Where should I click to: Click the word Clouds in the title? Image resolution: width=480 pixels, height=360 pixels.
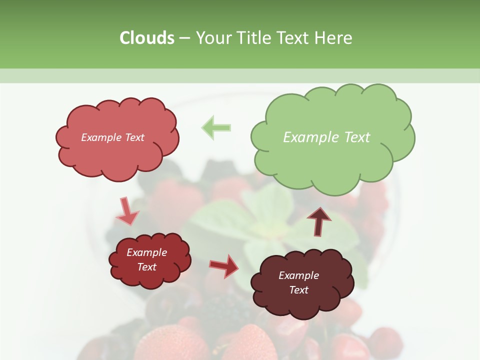147,37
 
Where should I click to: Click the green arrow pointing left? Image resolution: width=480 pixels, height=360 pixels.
216,127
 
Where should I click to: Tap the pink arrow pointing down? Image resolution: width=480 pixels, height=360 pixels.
126,211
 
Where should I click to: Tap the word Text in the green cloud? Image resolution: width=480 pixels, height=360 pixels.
357,137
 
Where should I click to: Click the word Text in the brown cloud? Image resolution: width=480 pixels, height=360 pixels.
298,290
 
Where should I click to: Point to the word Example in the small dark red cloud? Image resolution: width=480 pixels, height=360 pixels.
146,252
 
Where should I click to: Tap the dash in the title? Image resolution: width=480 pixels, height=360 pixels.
184,38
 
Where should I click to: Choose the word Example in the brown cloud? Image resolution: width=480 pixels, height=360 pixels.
298,275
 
